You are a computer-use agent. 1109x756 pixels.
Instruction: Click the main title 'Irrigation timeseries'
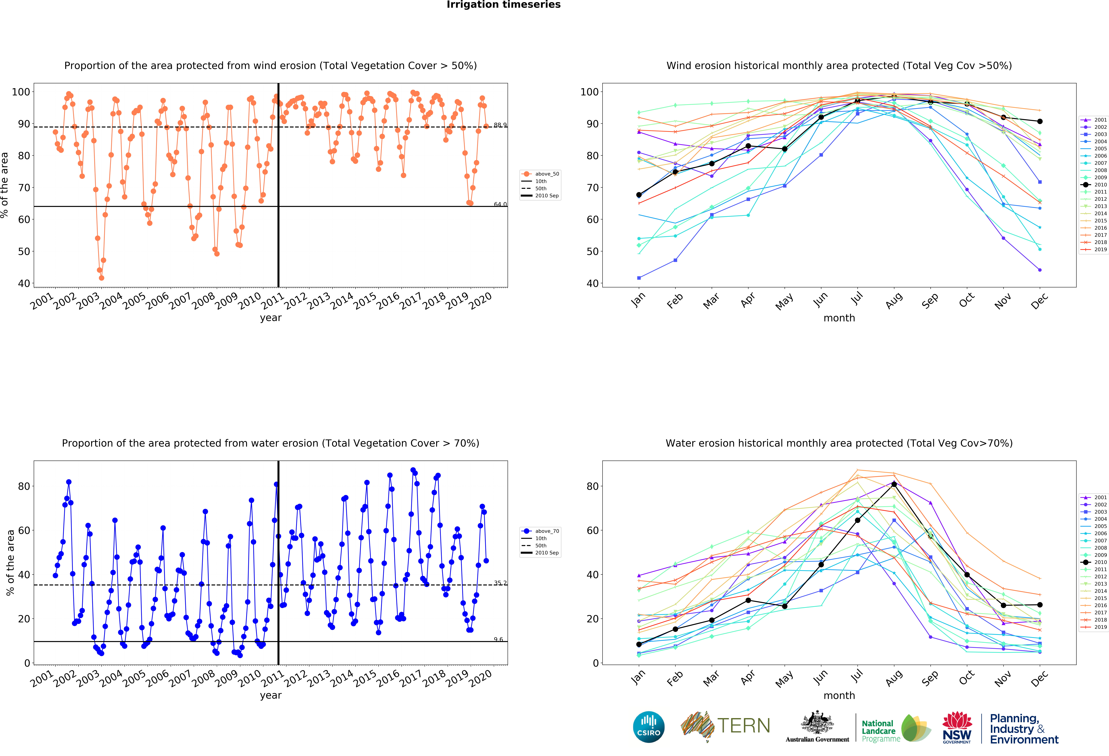tap(503, 5)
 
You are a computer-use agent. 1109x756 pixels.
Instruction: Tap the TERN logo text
tap(744, 726)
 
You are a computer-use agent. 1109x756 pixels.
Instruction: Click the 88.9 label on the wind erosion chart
tap(500, 125)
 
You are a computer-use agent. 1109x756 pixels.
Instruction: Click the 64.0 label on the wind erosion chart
tap(500, 204)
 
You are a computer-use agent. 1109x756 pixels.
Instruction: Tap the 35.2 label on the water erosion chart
tap(500, 583)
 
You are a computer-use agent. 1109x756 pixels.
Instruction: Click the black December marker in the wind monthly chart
tap(1040, 121)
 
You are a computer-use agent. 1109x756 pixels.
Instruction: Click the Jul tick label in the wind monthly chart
tap(857, 299)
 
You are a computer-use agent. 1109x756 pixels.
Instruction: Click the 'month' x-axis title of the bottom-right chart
tap(839, 695)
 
